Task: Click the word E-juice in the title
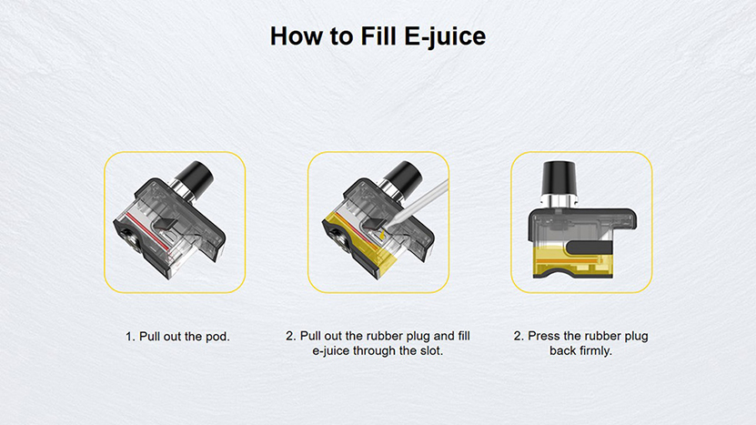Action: coord(445,36)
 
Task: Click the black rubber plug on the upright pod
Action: coord(589,247)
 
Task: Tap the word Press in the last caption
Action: coord(544,336)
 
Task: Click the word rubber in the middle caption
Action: coord(385,336)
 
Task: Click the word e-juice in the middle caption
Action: coord(331,350)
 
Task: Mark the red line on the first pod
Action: coord(147,230)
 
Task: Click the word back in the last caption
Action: coord(560,350)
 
